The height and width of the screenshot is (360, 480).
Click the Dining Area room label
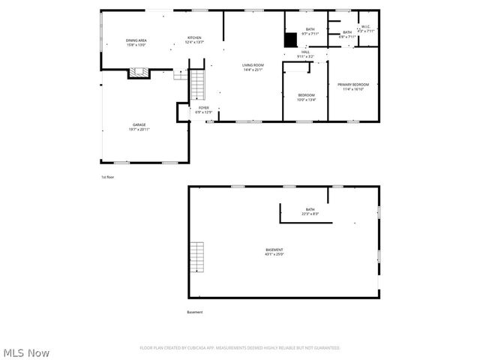(x=136, y=42)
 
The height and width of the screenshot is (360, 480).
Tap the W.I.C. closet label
(x=367, y=29)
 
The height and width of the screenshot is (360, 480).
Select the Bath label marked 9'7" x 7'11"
(x=310, y=31)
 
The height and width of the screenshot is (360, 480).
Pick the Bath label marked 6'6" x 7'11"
(x=346, y=34)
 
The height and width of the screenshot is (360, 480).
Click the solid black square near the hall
(x=290, y=41)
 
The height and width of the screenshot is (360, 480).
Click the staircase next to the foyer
(x=198, y=85)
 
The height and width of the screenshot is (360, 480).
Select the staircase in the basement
(x=197, y=257)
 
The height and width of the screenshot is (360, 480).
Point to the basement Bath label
(x=310, y=211)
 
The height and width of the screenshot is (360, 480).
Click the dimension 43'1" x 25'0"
(x=274, y=254)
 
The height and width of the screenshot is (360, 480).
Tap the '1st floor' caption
(x=108, y=177)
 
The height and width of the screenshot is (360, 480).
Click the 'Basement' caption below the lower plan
(x=195, y=312)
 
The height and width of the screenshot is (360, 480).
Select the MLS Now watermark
(x=26, y=352)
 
